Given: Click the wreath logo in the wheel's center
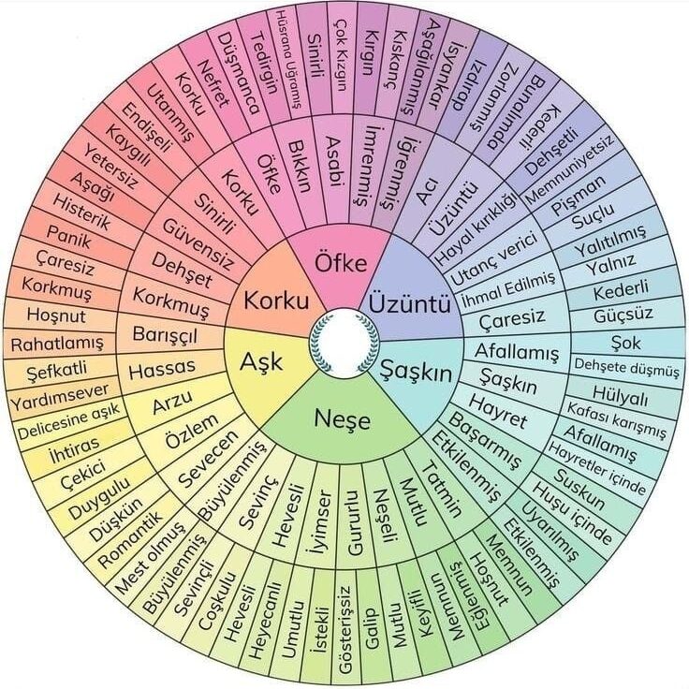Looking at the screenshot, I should click(344, 344).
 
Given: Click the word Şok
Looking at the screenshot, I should click(625, 343).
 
